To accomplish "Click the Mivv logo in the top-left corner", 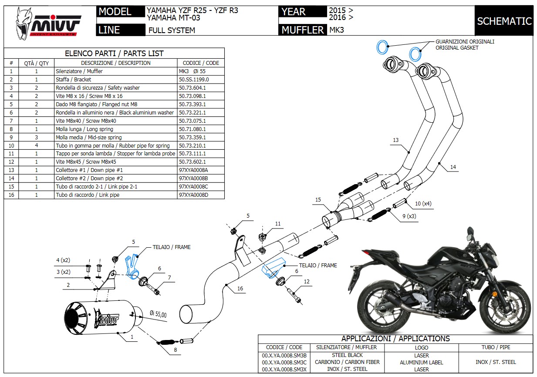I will tap(48, 24).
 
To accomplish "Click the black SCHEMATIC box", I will tap(504, 21).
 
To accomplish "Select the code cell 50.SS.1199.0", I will tap(194, 80).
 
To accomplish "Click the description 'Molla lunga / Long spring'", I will tap(84, 129).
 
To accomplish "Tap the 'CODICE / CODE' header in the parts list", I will tap(201, 63).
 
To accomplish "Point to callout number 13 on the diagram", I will tap(395, 140).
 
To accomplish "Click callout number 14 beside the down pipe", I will tap(453, 167).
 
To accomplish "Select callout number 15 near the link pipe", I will tap(318, 200).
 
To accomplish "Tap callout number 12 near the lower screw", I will tap(307, 282).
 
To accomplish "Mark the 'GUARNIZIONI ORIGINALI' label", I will tap(465, 42).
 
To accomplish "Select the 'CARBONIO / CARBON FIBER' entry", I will tap(347, 362).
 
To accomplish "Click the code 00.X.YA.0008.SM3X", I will tap(284, 369).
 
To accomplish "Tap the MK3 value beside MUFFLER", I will tap(337, 30).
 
